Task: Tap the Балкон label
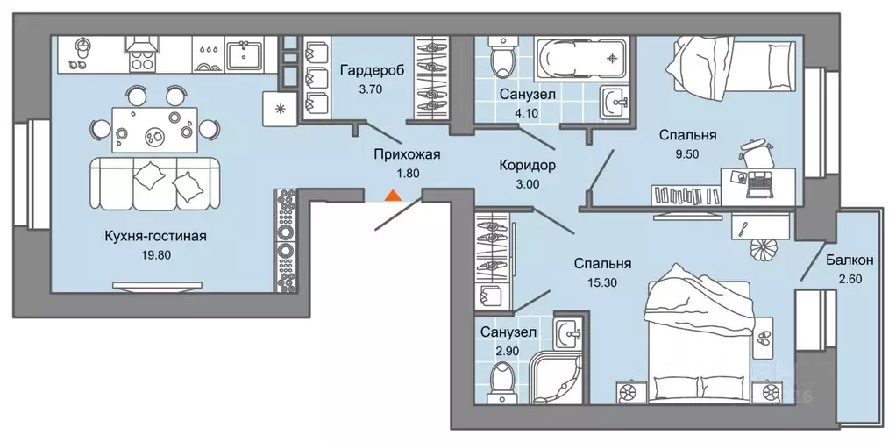849,260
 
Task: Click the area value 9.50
688,153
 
